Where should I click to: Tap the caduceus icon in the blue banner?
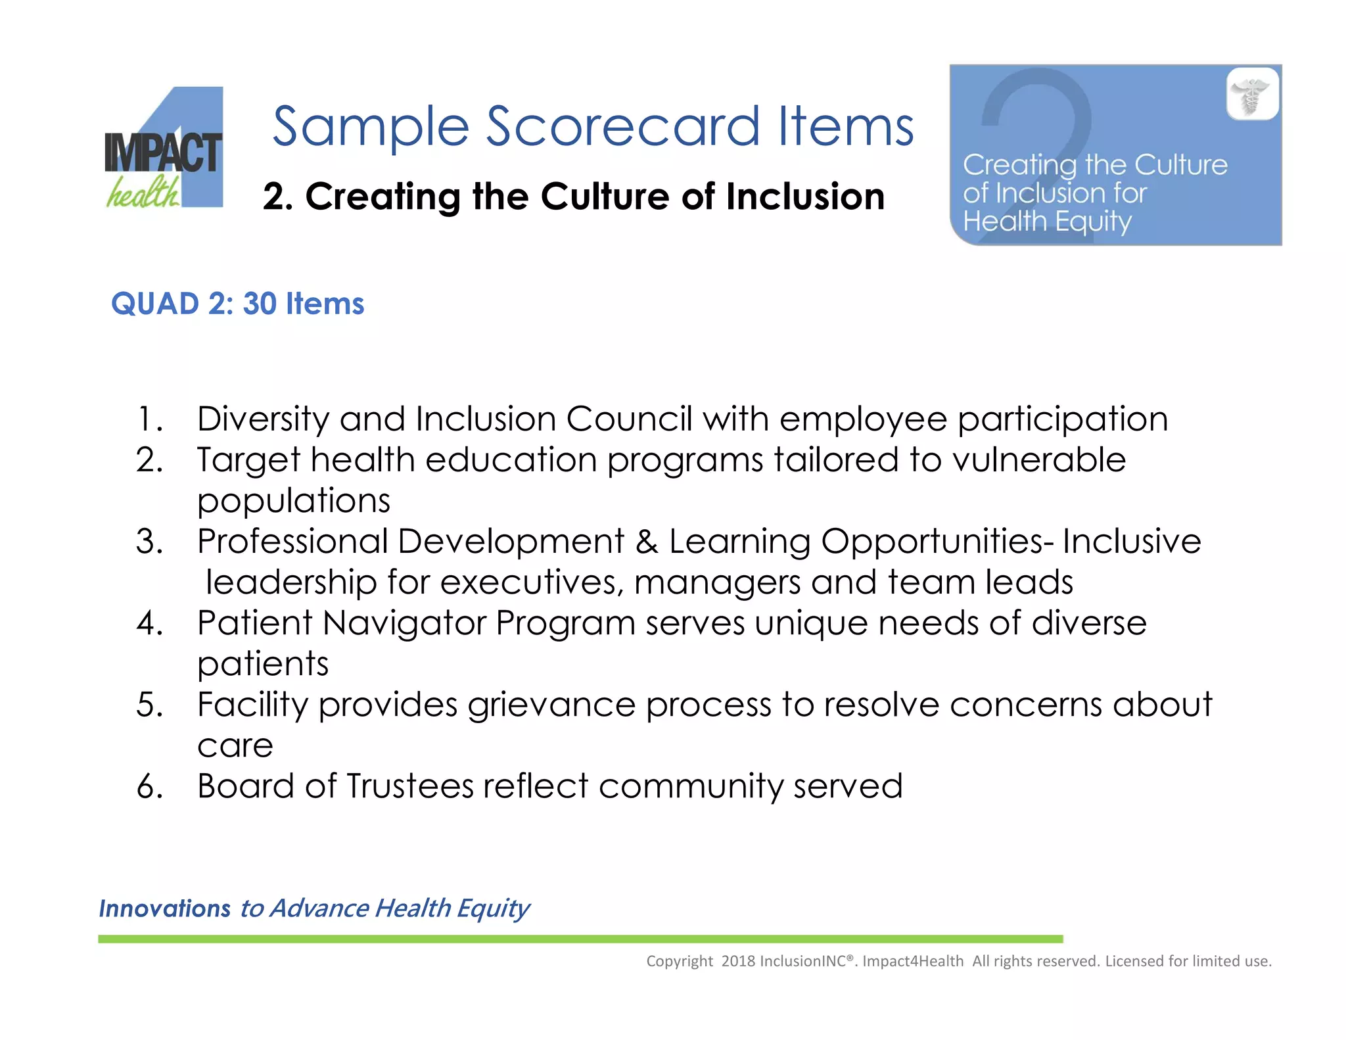click(x=1253, y=94)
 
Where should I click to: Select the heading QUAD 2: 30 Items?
click(x=237, y=304)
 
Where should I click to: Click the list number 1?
click(x=149, y=419)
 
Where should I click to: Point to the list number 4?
click(x=150, y=623)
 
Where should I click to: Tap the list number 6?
click(x=150, y=786)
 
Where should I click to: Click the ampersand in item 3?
click(x=647, y=542)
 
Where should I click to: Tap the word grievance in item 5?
click(x=551, y=705)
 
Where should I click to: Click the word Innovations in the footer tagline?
click(x=164, y=909)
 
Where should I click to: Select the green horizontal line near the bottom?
click(x=580, y=939)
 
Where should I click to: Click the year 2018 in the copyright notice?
click(x=738, y=961)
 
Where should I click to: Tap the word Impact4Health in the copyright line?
click(x=912, y=961)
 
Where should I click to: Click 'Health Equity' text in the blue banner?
click(x=1047, y=222)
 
